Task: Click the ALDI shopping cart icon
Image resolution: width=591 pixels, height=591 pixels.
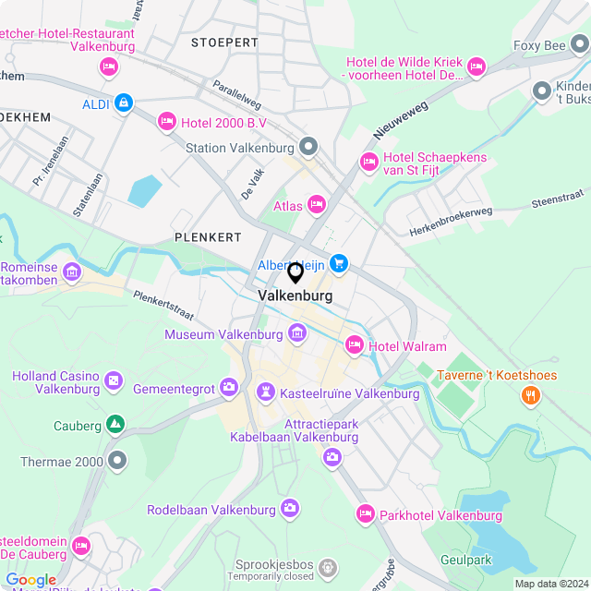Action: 123,103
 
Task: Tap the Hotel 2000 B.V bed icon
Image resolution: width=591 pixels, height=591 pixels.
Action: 167,120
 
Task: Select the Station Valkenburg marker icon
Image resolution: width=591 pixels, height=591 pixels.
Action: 308,147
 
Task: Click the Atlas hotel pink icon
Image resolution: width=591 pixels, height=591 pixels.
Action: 317,204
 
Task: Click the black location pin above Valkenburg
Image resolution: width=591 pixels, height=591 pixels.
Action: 295,272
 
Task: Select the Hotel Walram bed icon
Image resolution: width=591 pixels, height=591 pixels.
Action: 353,345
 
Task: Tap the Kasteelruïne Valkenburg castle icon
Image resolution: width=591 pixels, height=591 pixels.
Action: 266,393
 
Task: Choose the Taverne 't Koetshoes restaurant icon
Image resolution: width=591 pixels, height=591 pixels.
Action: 530,395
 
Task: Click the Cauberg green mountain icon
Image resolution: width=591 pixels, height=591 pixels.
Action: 115,424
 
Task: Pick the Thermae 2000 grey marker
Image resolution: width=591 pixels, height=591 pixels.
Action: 116,459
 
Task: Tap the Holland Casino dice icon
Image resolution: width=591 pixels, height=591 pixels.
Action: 114,380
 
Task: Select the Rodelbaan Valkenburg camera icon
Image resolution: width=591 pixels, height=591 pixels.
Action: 290,509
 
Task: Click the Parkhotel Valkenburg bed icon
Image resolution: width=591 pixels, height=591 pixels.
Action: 366,514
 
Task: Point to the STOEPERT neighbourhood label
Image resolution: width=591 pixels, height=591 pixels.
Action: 224,42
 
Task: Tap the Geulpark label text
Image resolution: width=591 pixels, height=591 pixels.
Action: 465,560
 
